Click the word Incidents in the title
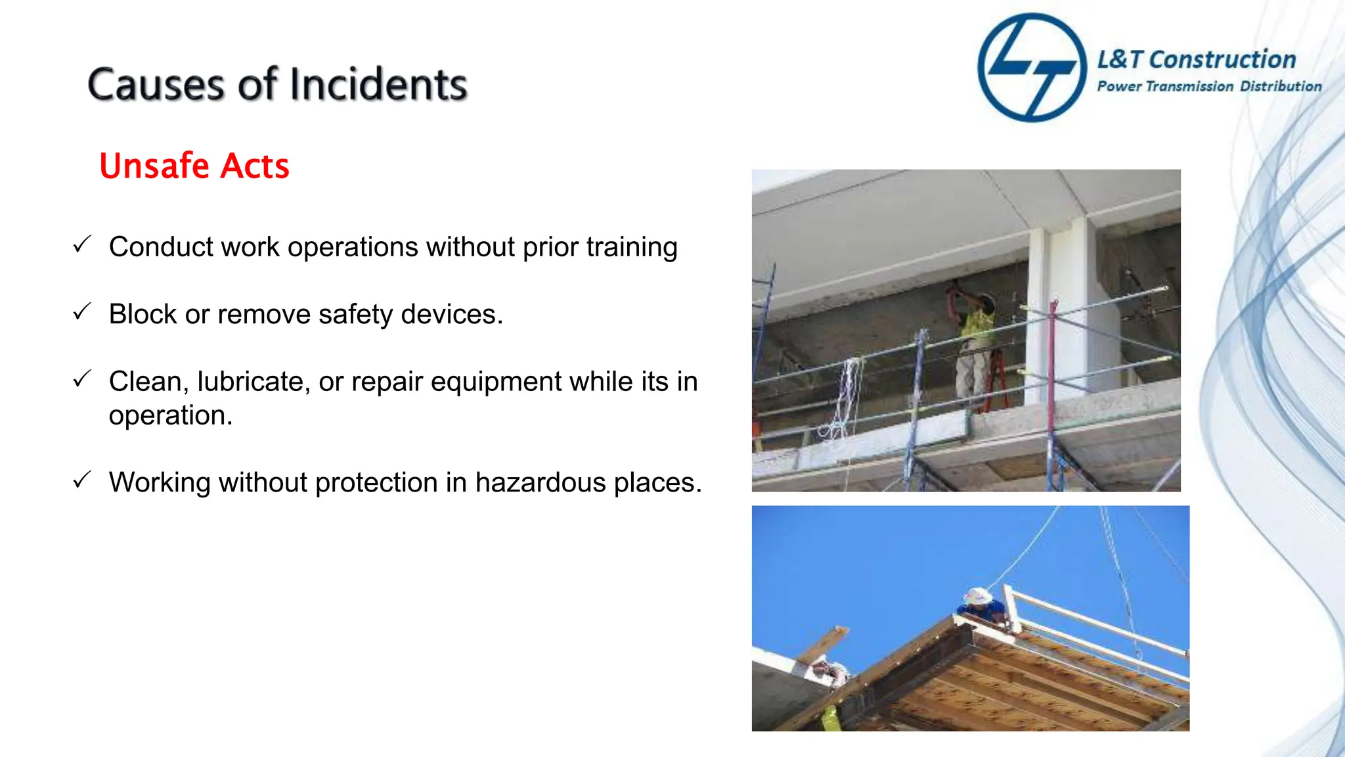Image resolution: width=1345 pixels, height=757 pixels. point(378,85)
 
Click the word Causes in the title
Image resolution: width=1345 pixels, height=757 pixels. point(155,85)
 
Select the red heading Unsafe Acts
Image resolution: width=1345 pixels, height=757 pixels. point(194,166)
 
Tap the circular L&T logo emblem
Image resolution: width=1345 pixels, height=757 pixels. point(1032,67)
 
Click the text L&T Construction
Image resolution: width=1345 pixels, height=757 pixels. point(1197,60)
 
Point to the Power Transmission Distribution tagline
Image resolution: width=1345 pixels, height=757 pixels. point(1209,87)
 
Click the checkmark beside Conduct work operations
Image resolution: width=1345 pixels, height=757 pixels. point(82,245)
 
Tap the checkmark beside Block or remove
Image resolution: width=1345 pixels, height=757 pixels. point(82,312)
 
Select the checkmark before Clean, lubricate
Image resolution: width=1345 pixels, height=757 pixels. point(82,379)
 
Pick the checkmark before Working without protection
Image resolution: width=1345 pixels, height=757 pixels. point(82,480)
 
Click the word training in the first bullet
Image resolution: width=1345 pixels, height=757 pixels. point(632,248)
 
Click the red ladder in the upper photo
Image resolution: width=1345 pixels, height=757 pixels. point(996,381)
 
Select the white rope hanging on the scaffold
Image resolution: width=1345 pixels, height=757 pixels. point(844,401)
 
